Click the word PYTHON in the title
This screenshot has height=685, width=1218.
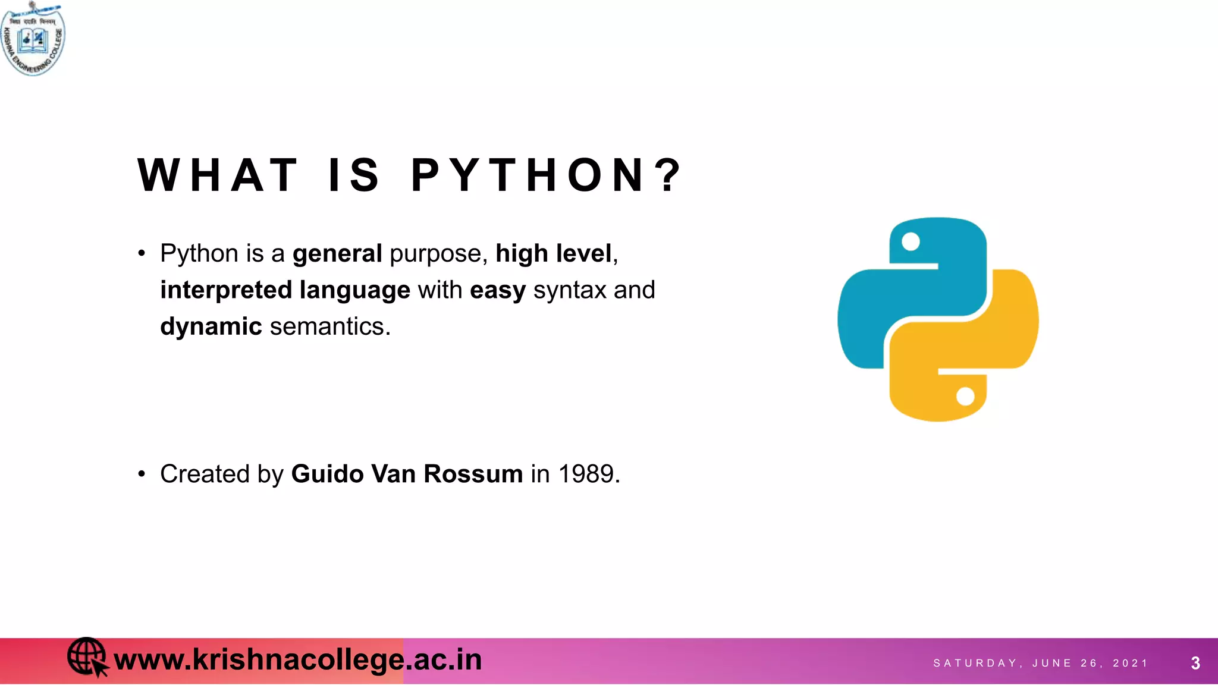pyautogui.click(x=546, y=176)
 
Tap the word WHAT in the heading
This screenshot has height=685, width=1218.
pyautogui.click(x=218, y=176)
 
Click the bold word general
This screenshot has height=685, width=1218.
pyautogui.click(x=337, y=254)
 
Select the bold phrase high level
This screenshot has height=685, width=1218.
pyautogui.click(x=553, y=254)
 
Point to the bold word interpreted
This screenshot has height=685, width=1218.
pyautogui.click(x=226, y=290)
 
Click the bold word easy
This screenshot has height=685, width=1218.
pyautogui.click(x=498, y=291)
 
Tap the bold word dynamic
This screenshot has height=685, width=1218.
pyautogui.click(x=211, y=326)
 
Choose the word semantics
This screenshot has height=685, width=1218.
pyautogui.click(x=330, y=326)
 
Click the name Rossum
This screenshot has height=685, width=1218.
pyautogui.click(x=473, y=474)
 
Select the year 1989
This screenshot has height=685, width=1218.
pyautogui.click(x=586, y=474)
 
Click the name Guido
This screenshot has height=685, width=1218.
pyautogui.click(x=327, y=474)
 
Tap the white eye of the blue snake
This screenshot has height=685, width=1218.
pyautogui.click(x=911, y=241)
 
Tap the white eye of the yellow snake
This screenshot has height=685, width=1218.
pyautogui.click(x=965, y=396)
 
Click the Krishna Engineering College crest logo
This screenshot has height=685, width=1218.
pyautogui.click(x=33, y=39)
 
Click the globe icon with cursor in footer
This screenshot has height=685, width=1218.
pyautogui.click(x=87, y=657)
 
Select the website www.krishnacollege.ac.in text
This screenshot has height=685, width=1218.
pyautogui.click(x=297, y=660)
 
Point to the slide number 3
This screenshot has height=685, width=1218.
pyautogui.click(x=1195, y=663)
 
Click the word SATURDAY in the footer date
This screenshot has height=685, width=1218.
pyautogui.click(x=975, y=663)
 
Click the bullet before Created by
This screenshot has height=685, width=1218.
pyautogui.click(x=142, y=474)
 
